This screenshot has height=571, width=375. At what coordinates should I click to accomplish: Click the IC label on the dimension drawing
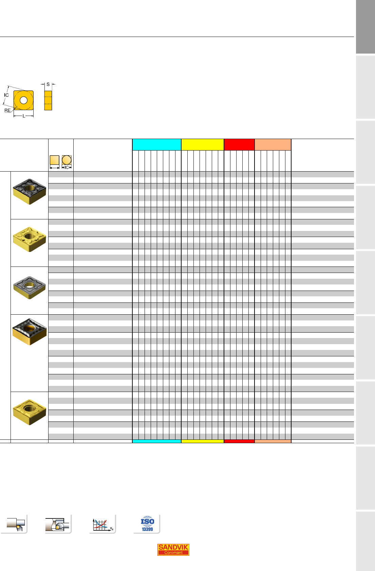click(x=6, y=95)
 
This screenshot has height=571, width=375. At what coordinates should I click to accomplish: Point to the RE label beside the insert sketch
click(x=7, y=111)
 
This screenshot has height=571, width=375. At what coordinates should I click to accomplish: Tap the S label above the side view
click(x=48, y=84)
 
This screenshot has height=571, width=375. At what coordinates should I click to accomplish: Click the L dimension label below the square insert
click(x=24, y=116)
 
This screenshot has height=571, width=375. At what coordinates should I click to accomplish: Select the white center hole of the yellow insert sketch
click(x=23, y=100)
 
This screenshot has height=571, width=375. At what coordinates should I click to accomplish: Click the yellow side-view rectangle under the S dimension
click(x=48, y=100)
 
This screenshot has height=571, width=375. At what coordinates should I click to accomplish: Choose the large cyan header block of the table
click(x=157, y=145)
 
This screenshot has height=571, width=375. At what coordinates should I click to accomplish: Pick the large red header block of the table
click(x=239, y=145)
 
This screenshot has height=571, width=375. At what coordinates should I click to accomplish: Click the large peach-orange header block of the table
click(x=273, y=145)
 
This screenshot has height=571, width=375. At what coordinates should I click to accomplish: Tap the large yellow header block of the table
click(x=203, y=145)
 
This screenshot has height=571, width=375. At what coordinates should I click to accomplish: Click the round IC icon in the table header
click(x=67, y=160)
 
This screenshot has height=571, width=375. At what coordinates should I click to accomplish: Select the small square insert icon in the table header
click(x=55, y=160)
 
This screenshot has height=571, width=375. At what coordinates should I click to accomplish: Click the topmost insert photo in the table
click(x=30, y=192)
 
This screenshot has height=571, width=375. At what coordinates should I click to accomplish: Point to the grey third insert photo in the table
click(x=30, y=288)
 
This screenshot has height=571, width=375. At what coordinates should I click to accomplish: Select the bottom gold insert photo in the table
click(x=30, y=412)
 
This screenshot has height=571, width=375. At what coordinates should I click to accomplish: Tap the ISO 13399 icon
click(x=147, y=524)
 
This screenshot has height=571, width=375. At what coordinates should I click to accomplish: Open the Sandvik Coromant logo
click(x=173, y=549)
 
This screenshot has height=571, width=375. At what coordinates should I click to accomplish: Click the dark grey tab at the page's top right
click(x=365, y=27)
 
